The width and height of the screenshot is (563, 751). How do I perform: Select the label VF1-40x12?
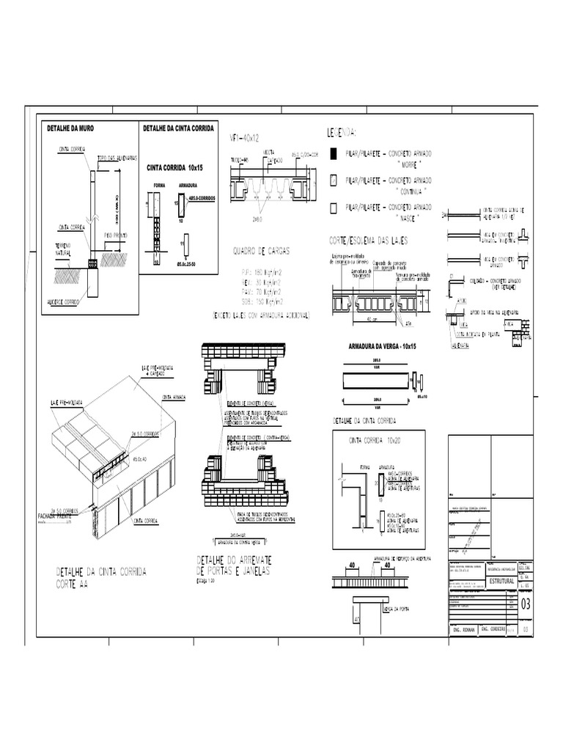[x=246, y=137]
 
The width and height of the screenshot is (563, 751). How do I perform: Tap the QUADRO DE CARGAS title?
[x=261, y=250]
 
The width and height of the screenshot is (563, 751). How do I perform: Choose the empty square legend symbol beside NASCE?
[x=334, y=208]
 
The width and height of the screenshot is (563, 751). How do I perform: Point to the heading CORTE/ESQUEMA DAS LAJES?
[x=368, y=240]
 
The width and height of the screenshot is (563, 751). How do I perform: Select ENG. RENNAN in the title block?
[x=463, y=629]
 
